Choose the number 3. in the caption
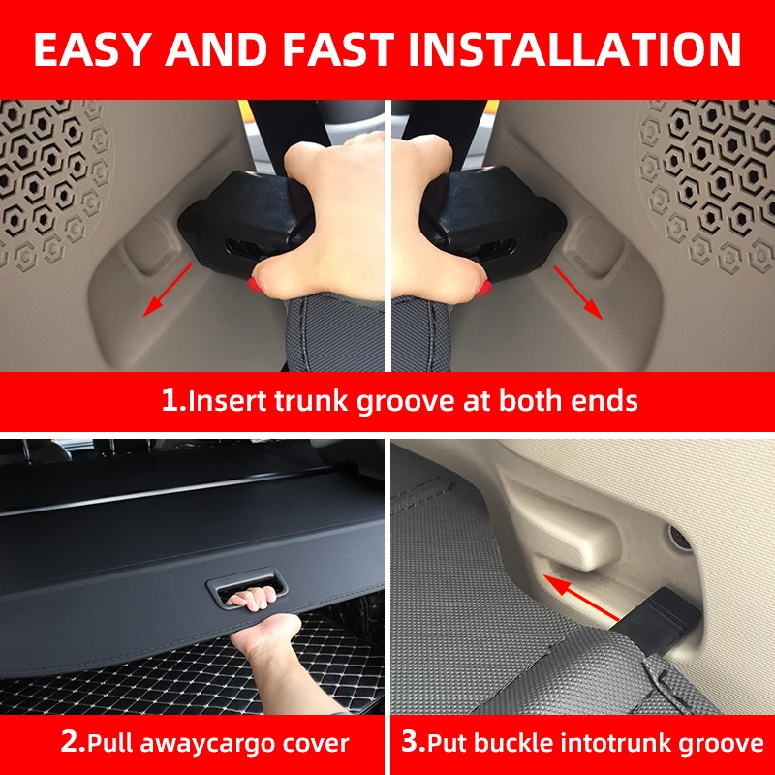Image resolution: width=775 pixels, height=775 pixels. tap(413, 744)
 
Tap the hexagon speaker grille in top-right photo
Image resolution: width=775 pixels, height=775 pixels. tap(707, 174)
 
